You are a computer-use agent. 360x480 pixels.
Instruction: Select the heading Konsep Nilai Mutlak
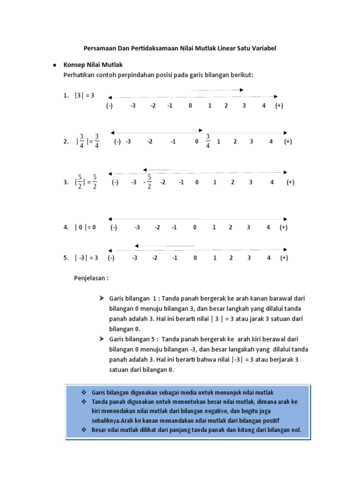93,65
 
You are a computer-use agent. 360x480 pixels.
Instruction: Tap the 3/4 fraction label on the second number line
208,141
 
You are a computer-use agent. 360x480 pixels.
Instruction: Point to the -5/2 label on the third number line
148,182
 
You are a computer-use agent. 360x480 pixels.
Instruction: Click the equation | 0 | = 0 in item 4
85,227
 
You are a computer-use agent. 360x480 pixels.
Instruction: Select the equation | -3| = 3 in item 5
86,257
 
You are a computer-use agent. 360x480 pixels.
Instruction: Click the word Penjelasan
91,278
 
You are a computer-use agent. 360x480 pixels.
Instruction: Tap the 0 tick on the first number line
190,105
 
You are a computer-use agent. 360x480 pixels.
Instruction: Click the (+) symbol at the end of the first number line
279,105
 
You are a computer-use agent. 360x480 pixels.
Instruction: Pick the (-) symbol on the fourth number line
113,227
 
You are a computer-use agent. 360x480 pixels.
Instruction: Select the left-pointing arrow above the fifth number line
164,246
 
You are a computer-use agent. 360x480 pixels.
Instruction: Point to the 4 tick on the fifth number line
269,257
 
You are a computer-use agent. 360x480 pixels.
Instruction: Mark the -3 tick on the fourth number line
137,227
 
